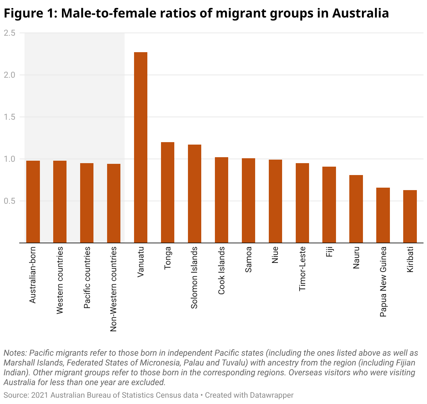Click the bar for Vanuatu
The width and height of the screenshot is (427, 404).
coord(141,147)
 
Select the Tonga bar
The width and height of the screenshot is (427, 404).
coord(168,192)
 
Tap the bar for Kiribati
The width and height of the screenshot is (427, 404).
coord(410,216)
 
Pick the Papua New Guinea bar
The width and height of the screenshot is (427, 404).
coord(383,215)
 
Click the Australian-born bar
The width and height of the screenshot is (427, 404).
coord(33,201)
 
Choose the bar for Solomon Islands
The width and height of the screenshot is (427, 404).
coord(195,193)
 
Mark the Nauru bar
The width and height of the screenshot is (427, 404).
coord(356,209)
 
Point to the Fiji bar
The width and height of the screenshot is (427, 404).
coord(329,204)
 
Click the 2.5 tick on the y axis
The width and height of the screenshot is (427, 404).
coord(9,33)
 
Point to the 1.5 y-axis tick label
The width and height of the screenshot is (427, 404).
coord(9,117)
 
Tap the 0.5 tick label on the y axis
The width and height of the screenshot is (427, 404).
coord(9,201)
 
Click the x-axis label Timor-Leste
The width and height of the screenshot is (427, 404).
coord(302,269)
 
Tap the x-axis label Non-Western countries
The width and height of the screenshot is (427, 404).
coord(113,289)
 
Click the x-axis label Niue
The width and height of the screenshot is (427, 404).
coord(275,256)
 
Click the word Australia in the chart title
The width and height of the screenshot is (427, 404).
coord(360,13)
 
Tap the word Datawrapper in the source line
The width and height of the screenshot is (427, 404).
coord(272,395)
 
